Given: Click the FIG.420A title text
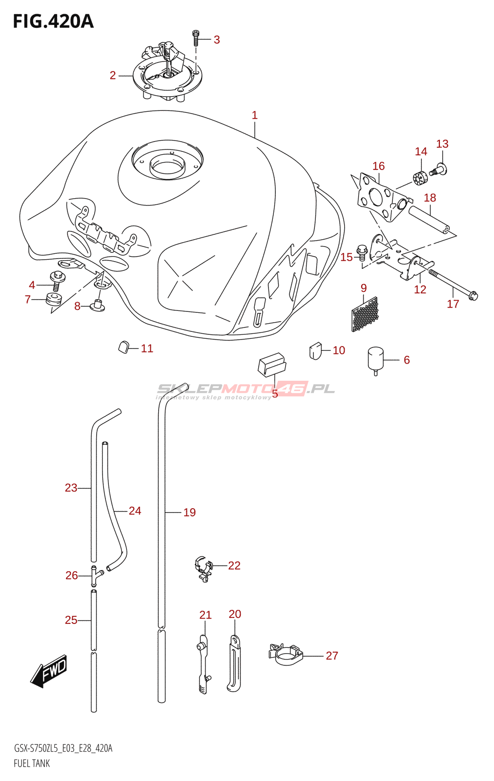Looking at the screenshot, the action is [53, 21].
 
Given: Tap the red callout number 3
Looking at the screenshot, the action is [217, 40].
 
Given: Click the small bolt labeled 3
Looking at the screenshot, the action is [195, 39].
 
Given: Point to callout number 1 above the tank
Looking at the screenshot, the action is [255, 115].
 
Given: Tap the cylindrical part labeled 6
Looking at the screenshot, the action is [375, 361].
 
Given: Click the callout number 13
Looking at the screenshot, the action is [442, 144].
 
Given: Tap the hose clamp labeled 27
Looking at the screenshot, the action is [286, 655].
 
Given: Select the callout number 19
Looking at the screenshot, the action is [190, 512].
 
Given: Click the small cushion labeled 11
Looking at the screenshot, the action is [123, 347].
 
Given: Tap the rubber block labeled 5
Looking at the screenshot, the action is [272, 365].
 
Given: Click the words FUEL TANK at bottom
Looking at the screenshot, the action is [32, 763].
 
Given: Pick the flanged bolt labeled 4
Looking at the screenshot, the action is [58, 282].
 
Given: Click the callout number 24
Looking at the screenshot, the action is [135, 511].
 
